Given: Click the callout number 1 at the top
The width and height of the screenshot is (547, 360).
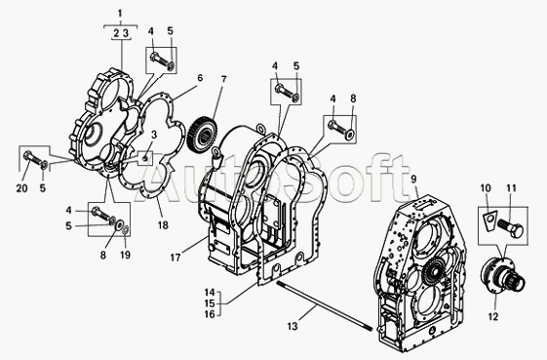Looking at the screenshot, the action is click(120, 14).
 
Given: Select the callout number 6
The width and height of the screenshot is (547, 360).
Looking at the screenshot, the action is click(200, 77).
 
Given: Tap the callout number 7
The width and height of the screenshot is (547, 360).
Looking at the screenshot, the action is click(223, 79).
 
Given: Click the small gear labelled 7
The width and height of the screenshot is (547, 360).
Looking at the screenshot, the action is click(203, 135).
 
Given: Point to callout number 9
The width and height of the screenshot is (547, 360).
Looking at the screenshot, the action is click(413, 180).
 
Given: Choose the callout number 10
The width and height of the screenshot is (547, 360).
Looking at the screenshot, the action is click(486, 188).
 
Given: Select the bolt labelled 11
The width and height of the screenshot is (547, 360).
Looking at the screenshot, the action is click(510, 227).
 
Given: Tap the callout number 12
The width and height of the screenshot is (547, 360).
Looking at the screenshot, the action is click(493, 317).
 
